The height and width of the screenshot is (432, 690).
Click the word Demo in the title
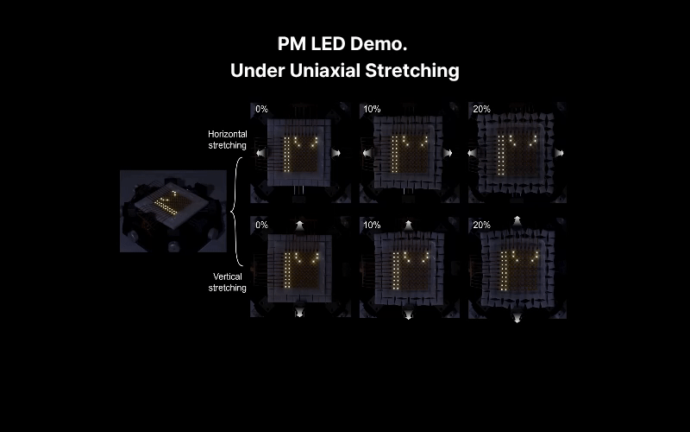click(x=379, y=44)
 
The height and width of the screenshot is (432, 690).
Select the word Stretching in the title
click(x=412, y=72)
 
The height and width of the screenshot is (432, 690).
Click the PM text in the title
click(x=292, y=44)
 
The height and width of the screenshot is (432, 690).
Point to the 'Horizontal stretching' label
click(x=227, y=140)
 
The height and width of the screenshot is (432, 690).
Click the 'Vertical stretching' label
click(x=227, y=283)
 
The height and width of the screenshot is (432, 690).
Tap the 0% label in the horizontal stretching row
click(x=261, y=109)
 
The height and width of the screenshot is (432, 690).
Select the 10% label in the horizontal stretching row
click(x=372, y=109)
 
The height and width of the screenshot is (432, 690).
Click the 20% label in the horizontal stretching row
click(x=481, y=109)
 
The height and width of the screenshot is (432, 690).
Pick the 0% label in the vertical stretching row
click(x=261, y=225)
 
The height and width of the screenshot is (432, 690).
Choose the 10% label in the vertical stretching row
click(x=372, y=225)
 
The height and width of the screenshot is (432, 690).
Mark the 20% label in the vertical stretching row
click(x=481, y=225)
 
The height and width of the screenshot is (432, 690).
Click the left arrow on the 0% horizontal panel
click(x=261, y=153)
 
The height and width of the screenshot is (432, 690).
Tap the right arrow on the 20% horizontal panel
click(x=559, y=153)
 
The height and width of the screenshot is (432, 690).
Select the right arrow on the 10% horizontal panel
click(x=448, y=153)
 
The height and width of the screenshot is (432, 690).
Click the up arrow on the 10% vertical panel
click(x=408, y=226)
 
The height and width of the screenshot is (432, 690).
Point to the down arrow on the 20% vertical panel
click(x=517, y=317)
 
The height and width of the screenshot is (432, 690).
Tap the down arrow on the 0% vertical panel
click(x=299, y=312)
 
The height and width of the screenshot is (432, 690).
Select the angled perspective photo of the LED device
click(x=173, y=211)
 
